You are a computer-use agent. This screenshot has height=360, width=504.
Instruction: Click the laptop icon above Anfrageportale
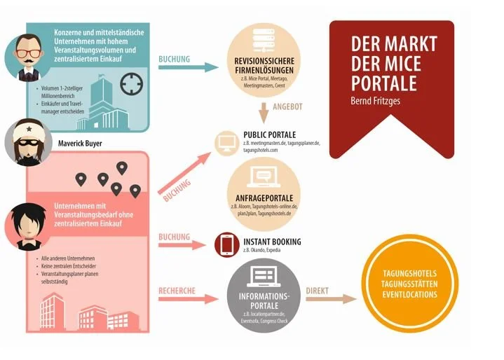point(264,176)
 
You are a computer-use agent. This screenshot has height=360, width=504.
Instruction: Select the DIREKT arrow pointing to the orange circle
point(329,298)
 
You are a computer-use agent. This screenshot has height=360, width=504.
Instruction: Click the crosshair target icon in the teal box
point(130,84)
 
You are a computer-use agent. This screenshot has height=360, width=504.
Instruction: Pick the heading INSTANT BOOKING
point(271,242)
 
